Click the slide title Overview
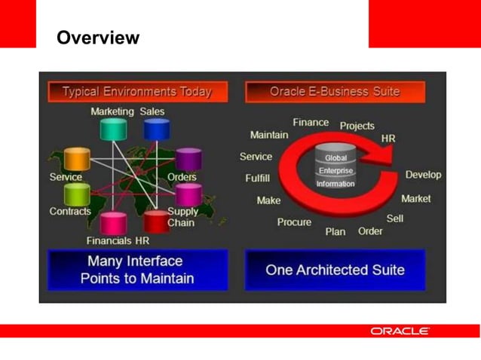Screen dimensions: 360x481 click(x=98, y=38)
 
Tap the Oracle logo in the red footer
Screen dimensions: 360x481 click(x=400, y=331)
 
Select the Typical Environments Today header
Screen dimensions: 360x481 click(x=136, y=92)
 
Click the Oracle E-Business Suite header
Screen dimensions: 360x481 click(x=335, y=92)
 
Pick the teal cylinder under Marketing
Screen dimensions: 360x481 click(x=113, y=129)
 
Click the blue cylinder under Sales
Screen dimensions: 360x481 click(x=157, y=129)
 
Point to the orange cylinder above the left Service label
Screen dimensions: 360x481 click(x=77, y=159)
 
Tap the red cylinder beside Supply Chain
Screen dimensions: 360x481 click(x=157, y=221)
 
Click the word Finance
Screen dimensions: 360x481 click(x=311, y=122)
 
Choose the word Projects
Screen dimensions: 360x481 click(x=357, y=126)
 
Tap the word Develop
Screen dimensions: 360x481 click(x=423, y=175)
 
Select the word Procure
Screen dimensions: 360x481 click(x=294, y=222)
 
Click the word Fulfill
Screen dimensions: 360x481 click(x=258, y=178)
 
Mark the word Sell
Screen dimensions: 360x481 click(x=394, y=218)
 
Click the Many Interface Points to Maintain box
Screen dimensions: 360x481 click(x=136, y=270)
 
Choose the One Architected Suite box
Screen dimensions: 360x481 click(x=335, y=270)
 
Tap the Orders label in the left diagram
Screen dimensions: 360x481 click(x=182, y=178)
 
